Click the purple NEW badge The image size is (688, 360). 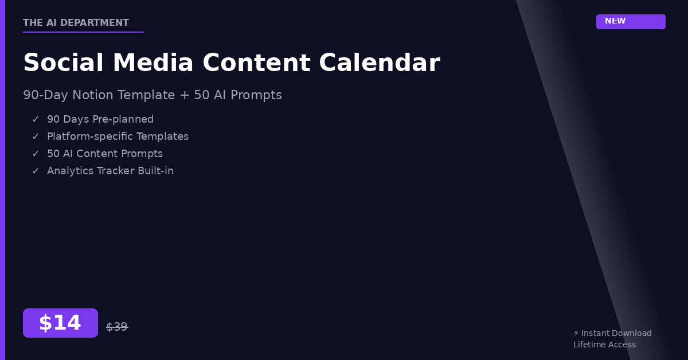pyautogui.click(x=631, y=22)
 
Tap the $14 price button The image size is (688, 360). pyautogui.click(x=60, y=323)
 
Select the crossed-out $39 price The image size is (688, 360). pyautogui.click(x=117, y=327)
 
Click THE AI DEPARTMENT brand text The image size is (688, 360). pyautogui.click(x=76, y=22)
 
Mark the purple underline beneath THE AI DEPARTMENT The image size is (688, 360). pyautogui.click(x=83, y=32)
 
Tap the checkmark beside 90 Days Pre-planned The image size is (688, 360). pyautogui.click(x=36, y=119)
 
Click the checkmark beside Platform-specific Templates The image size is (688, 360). pyautogui.click(x=36, y=136)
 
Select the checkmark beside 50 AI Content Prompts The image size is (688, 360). pyautogui.click(x=36, y=154)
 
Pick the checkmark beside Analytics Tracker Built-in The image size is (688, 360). pyautogui.click(x=36, y=171)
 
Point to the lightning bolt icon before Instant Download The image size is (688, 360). pyautogui.click(x=576, y=333)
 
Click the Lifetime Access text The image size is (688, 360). pyautogui.click(x=604, y=345)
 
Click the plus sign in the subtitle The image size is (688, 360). pyautogui.click(x=184, y=95)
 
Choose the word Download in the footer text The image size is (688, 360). pyautogui.click(x=631, y=333)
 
